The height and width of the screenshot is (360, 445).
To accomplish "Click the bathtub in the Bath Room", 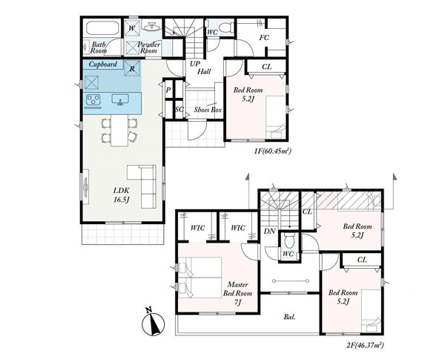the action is click(102, 28).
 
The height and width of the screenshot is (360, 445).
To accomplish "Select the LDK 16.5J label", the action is click(122, 194).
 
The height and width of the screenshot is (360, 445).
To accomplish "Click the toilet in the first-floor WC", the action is click(228, 27).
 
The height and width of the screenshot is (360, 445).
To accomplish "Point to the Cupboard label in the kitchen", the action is click(103, 65).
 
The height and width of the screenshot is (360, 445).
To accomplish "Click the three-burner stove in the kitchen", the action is click(93, 100).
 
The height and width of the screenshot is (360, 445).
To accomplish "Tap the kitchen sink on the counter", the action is click(121, 99).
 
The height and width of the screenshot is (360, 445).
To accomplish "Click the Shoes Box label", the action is click(208, 110).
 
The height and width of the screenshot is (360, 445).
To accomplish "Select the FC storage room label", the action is click(264, 38).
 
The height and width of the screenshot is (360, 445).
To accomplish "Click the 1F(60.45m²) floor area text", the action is click(273, 151).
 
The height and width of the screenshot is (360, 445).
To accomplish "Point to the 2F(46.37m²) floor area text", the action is click(365, 345).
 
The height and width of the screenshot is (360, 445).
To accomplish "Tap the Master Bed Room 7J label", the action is click(237, 293).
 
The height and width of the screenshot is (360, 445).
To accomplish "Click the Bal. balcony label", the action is click(289, 316).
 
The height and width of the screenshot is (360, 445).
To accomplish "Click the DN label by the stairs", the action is click(270, 232).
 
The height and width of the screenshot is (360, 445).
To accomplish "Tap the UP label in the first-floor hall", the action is click(194, 64).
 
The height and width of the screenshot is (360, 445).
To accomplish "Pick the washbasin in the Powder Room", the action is click(152, 27).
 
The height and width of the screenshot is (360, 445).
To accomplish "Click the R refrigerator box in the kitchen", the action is click(132, 68).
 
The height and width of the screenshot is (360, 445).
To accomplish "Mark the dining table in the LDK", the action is click(119, 131).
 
